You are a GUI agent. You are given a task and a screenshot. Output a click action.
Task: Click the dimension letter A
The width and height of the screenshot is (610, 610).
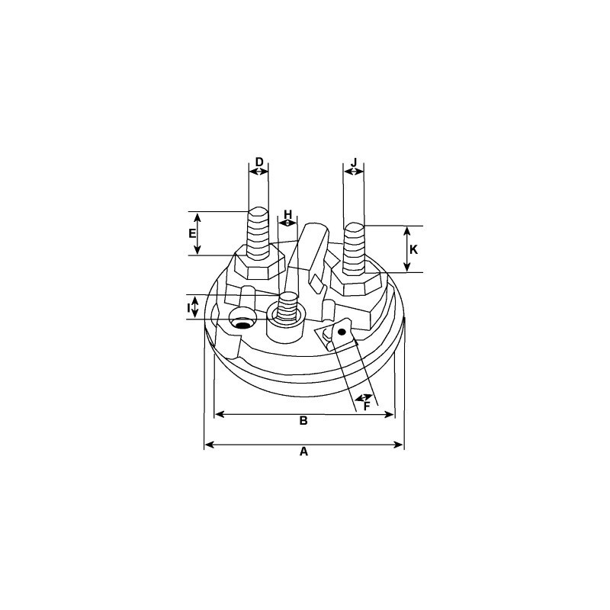click(303, 451)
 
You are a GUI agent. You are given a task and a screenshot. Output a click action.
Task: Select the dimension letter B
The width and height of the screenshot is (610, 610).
click(303, 421)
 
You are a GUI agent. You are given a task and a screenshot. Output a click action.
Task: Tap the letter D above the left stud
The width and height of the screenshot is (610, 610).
click(259, 162)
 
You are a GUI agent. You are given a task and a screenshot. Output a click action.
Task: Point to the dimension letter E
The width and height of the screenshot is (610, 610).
click(192, 233)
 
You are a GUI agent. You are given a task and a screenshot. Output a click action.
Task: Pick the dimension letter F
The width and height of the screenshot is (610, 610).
click(367, 407)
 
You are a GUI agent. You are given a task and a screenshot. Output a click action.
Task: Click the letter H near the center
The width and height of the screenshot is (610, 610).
click(288, 213)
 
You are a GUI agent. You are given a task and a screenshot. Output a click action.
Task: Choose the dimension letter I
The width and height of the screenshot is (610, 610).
click(188, 308)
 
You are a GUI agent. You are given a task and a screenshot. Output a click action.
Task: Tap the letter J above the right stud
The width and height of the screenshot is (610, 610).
click(354, 162)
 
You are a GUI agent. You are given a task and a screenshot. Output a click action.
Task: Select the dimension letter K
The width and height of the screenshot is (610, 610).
click(413, 249)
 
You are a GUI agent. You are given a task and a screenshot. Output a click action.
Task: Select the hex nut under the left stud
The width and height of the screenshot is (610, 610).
click(259, 265)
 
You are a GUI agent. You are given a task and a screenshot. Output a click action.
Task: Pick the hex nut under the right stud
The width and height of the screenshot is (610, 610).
click(356, 282)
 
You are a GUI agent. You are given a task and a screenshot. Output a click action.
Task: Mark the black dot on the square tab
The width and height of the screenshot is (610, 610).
click(342, 332)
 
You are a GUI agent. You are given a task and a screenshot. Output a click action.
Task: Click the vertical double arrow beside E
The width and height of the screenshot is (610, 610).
click(197, 233)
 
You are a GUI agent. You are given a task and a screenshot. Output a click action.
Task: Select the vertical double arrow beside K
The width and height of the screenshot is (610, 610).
click(407, 249)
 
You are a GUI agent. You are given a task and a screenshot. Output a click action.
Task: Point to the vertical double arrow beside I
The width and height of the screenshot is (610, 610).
click(194, 308)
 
